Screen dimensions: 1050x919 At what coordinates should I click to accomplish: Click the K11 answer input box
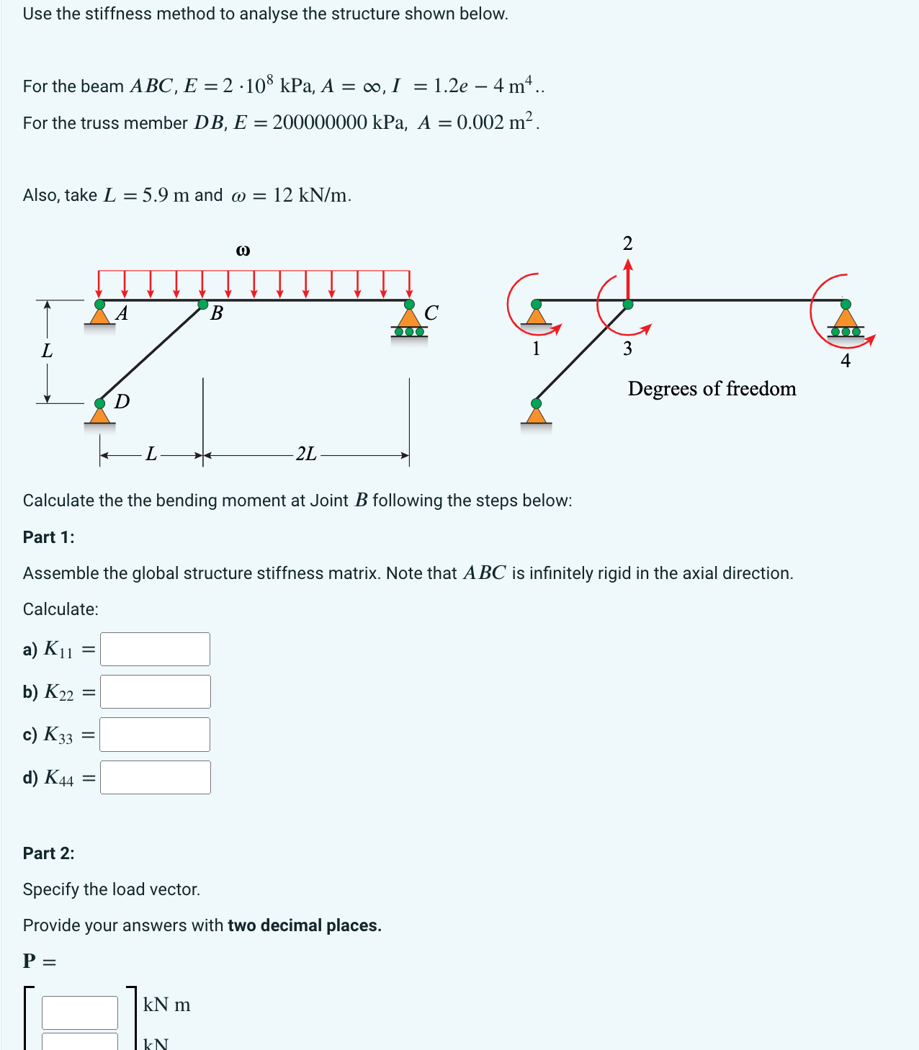point(155,649)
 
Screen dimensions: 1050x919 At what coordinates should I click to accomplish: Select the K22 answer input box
point(155,691)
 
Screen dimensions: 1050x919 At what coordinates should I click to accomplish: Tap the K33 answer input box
point(155,735)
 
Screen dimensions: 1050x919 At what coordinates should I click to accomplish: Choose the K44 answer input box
point(155,778)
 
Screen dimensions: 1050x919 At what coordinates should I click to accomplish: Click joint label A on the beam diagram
point(122,313)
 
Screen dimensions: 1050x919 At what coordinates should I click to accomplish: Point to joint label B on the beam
point(216,313)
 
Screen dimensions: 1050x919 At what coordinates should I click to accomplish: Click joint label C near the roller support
point(431,313)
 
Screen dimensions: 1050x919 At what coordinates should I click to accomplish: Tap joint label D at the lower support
point(122,401)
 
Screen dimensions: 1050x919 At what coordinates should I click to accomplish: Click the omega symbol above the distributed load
point(243,251)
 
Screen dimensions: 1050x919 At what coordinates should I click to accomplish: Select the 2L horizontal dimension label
point(306,454)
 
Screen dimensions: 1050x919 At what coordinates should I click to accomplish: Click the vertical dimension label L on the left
point(47,351)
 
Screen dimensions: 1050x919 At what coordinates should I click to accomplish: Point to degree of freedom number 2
point(627,243)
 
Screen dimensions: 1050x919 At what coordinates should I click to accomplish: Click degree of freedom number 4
point(846,361)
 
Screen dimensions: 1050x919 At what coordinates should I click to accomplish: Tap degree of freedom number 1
point(536,349)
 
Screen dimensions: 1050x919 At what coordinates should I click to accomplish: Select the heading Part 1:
point(49,537)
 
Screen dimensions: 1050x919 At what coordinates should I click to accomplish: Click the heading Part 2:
point(49,853)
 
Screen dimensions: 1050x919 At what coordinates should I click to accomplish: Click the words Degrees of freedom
point(712,389)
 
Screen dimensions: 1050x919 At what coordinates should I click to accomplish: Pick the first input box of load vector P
point(80,1012)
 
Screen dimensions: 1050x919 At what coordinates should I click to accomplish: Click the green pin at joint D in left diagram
point(100,403)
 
